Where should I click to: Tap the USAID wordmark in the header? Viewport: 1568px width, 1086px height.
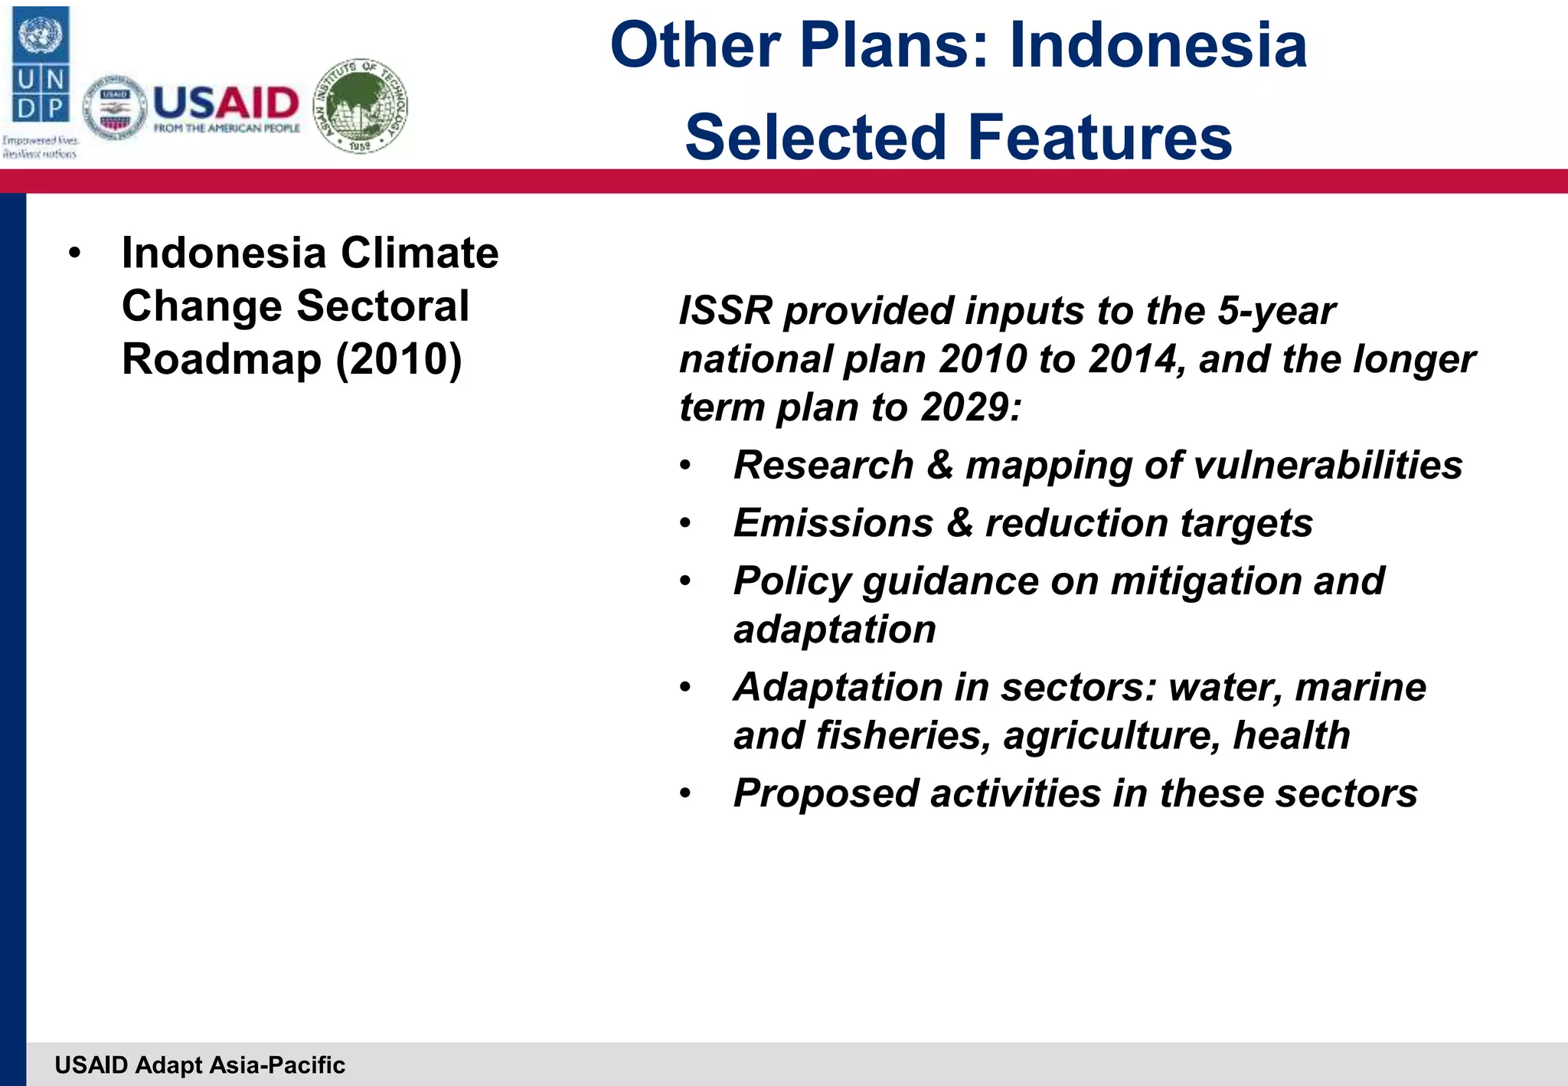pyautogui.click(x=226, y=103)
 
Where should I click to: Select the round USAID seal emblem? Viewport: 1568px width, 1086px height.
pyautogui.click(x=115, y=108)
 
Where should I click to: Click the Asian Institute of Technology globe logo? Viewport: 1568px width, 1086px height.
pyautogui.click(x=361, y=106)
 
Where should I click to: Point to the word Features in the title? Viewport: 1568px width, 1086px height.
pyautogui.click(x=1099, y=138)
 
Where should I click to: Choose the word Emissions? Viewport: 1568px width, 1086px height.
pyautogui.click(x=833, y=524)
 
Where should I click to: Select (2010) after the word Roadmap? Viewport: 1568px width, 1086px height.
pyautogui.click(x=399, y=359)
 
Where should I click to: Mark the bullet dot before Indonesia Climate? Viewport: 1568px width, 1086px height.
pyautogui.click(x=74, y=254)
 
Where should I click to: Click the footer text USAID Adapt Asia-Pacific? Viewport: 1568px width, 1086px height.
pyautogui.click(x=200, y=1065)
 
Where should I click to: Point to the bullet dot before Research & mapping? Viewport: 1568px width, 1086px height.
pyautogui.click(x=685, y=466)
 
